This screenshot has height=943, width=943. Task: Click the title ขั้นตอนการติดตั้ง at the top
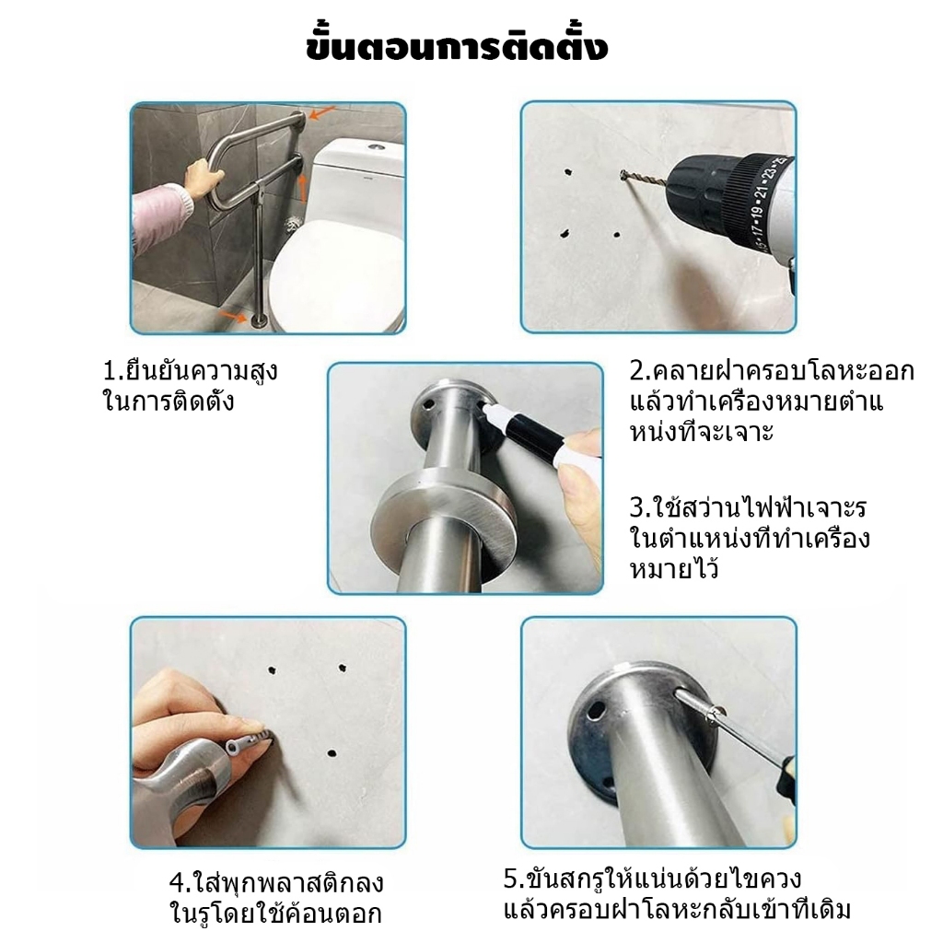click(x=457, y=47)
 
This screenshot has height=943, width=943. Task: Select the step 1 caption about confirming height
click(x=191, y=386)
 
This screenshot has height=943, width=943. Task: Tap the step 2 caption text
click(x=771, y=402)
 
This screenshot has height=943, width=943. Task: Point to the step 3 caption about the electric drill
click(x=750, y=539)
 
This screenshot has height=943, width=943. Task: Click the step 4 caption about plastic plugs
click(x=276, y=898)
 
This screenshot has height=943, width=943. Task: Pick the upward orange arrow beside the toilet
click(x=303, y=188)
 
